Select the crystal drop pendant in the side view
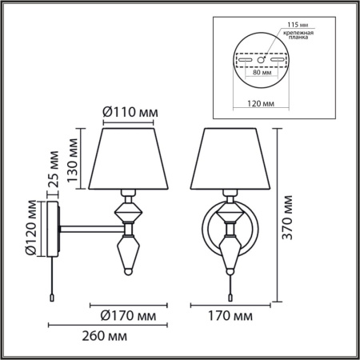coord(128,254)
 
